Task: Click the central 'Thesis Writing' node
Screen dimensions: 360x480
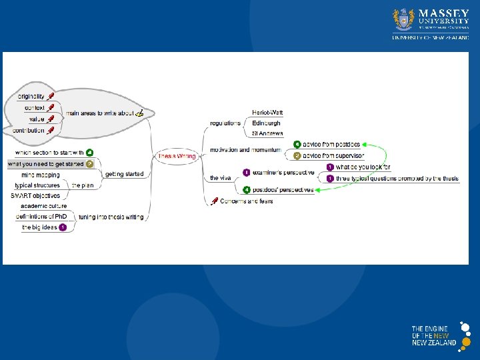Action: pyautogui.click(x=176, y=156)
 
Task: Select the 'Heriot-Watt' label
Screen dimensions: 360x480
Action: pyautogui.click(x=267, y=113)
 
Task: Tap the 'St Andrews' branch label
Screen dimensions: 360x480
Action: pyautogui.click(x=267, y=133)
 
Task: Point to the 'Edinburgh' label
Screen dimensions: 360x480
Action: pyautogui.click(x=266, y=123)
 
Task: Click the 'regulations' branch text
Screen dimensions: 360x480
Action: pyautogui.click(x=225, y=123)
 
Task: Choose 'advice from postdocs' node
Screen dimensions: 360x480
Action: pyautogui.click(x=331, y=144)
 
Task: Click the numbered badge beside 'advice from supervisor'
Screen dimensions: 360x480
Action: pyautogui.click(x=297, y=155)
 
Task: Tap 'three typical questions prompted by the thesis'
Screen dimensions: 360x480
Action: pyautogui.click(x=397, y=179)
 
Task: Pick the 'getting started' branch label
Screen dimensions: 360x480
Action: pyautogui.click(x=125, y=174)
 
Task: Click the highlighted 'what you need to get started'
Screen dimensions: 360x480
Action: pyautogui.click(x=45, y=163)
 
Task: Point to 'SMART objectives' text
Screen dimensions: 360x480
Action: pyautogui.click(x=35, y=195)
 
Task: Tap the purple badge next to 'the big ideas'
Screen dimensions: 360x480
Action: pyautogui.click(x=63, y=227)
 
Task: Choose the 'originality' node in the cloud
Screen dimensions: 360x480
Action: pyautogui.click(x=31, y=97)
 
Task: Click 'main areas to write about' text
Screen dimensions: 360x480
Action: pyautogui.click(x=99, y=113)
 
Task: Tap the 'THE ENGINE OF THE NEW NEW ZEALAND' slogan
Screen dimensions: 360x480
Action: pyautogui.click(x=433, y=335)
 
